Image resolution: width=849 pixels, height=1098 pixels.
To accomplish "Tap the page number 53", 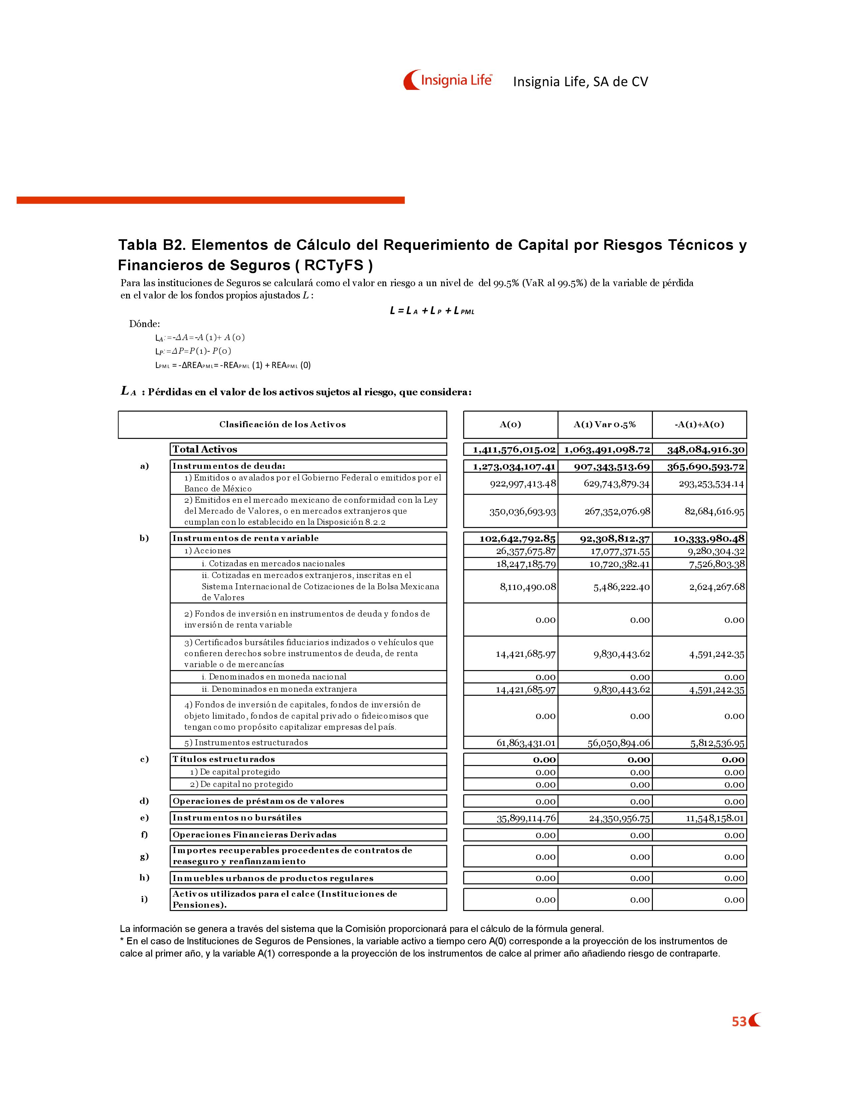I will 739,1021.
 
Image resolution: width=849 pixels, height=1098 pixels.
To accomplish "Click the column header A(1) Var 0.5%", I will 605,424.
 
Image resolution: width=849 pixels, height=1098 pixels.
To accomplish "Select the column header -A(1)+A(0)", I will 699,424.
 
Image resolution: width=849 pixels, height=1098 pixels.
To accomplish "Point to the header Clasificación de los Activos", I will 282,424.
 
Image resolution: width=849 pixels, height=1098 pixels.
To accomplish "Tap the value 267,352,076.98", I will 617,511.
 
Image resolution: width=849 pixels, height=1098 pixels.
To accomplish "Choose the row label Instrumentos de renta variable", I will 245,538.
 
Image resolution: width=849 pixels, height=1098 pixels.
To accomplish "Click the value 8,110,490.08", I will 528,587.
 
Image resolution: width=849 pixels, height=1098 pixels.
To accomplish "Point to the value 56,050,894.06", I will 619,743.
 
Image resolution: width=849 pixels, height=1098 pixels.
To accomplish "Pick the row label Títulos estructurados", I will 223,759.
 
